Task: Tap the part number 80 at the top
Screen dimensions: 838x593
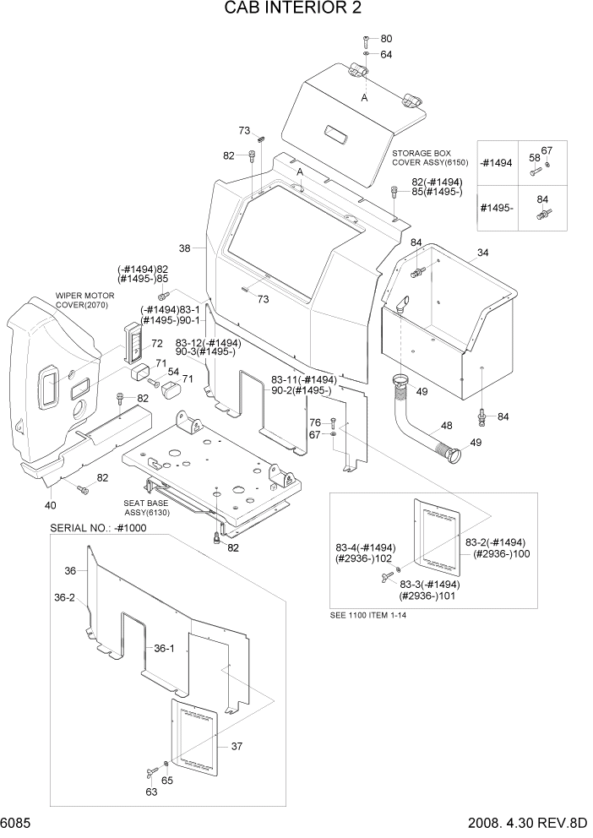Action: pyautogui.click(x=386, y=39)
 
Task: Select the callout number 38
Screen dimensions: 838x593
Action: pyautogui.click(x=185, y=248)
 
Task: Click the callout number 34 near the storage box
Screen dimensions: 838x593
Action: pyautogui.click(x=482, y=253)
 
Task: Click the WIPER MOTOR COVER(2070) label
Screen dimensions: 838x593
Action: pyautogui.click(x=84, y=300)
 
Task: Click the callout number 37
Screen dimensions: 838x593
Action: pyautogui.click(x=237, y=746)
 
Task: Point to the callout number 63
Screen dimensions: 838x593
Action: pyautogui.click(x=151, y=792)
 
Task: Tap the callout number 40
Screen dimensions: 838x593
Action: pyautogui.click(x=50, y=505)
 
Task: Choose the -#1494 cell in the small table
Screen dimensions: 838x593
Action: pyautogui.click(x=497, y=164)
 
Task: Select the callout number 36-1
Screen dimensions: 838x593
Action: pyautogui.click(x=165, y=649)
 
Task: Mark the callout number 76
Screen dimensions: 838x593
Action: pyautogui.click(x=314, y=422)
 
